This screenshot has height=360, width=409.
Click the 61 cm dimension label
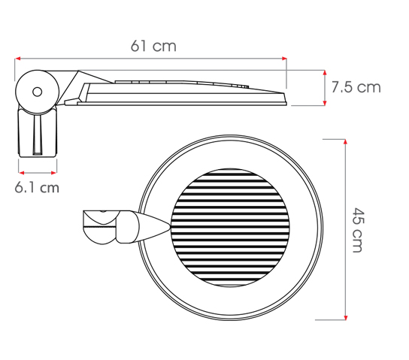pyautogui.click(x=153, y=46)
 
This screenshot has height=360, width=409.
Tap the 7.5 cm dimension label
pyautogui.click(x=356, y=87)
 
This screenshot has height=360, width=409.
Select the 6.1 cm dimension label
pyautogui.click(x=37, y=187)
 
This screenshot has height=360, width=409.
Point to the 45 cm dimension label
pyautogui.click(x=357, y=230)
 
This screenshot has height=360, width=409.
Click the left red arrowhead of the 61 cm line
pyautogui.click(x=17, y=59)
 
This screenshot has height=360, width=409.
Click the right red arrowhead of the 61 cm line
pyautogui.click(x=284, y=59)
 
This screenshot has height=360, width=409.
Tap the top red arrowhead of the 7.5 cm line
pyautogui.click(x=325, y=73)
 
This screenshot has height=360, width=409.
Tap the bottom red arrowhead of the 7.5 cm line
pyautogui.click(x=325, y=103)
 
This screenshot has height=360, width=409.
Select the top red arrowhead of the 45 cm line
pyautogui.click(x=346, y=142)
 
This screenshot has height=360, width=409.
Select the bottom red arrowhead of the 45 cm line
pyautogui.click(x=346, y=317)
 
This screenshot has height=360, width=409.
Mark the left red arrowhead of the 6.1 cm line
pyautogui.click(x=21, y=173)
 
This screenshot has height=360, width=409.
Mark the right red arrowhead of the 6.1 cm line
pyautogui.click(x=54, y=173)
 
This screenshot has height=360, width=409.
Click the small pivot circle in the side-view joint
pyautogui.click(x=37, y=92)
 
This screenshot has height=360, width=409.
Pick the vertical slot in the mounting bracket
pyautogui.click(x=37, y=135)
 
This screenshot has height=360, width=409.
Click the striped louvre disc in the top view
pyautogui.click(x=230, y=227)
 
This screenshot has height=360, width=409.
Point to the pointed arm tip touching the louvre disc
pyautogui.click(x=170, y=227)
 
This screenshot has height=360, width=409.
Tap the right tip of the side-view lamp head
pyautogui.click(x=286, y=99)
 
